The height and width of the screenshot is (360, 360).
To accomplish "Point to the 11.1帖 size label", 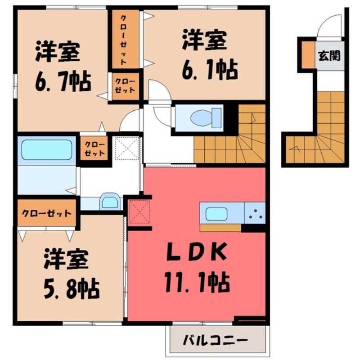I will pos(197,283).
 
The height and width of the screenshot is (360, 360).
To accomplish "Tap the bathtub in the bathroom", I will pos(46,149).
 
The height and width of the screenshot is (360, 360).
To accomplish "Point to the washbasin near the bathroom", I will pos(109,201).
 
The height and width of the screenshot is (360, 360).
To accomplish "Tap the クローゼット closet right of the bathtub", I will pos(94,148).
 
